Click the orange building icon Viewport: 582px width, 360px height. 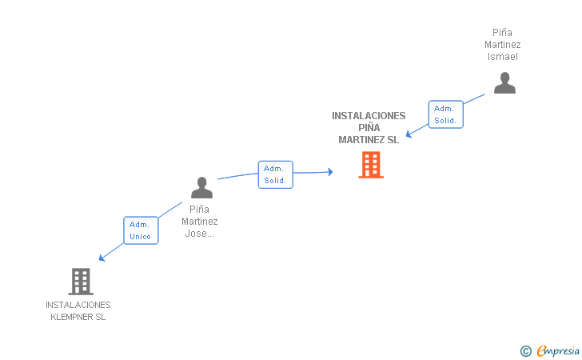(x=370, y=165)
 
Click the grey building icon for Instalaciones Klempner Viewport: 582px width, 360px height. (x=81, y=281)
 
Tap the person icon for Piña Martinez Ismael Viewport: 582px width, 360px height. (x=504, y=83)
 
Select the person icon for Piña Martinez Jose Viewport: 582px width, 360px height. (x=201, y=187)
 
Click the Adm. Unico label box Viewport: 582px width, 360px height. (x=140, y=230)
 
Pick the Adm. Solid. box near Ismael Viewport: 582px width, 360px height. (x=445, y=114)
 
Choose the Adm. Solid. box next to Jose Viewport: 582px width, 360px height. (x=275, y=174)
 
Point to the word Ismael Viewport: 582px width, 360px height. (x=503, y=57)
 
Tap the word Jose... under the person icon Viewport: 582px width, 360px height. (x=200, y=234)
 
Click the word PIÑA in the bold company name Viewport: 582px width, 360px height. (x=369, y=128)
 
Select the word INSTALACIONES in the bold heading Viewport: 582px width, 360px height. (x=369, y=116)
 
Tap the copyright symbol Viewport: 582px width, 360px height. (x=525, y=350)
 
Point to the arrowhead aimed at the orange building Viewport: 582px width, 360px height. (x=329, y=171)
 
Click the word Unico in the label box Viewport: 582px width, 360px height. (x=140, y=237)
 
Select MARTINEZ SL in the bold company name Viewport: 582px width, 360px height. (x=369, y=140)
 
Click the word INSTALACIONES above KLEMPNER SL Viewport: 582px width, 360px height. (x=78, y=305)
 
